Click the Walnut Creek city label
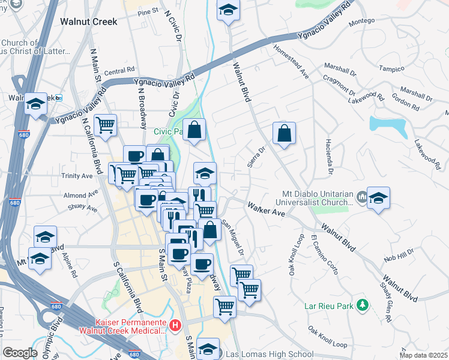[x=88, y=21]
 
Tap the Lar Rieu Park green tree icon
[x=362, y=305]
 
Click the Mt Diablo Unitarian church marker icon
[x=361, y=196]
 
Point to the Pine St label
[x=147, y=11]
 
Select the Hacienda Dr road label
[x=330, y=155]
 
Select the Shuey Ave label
[x=83, y=208]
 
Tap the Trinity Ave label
[x=77, y=176]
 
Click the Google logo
[x=20, y=353]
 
